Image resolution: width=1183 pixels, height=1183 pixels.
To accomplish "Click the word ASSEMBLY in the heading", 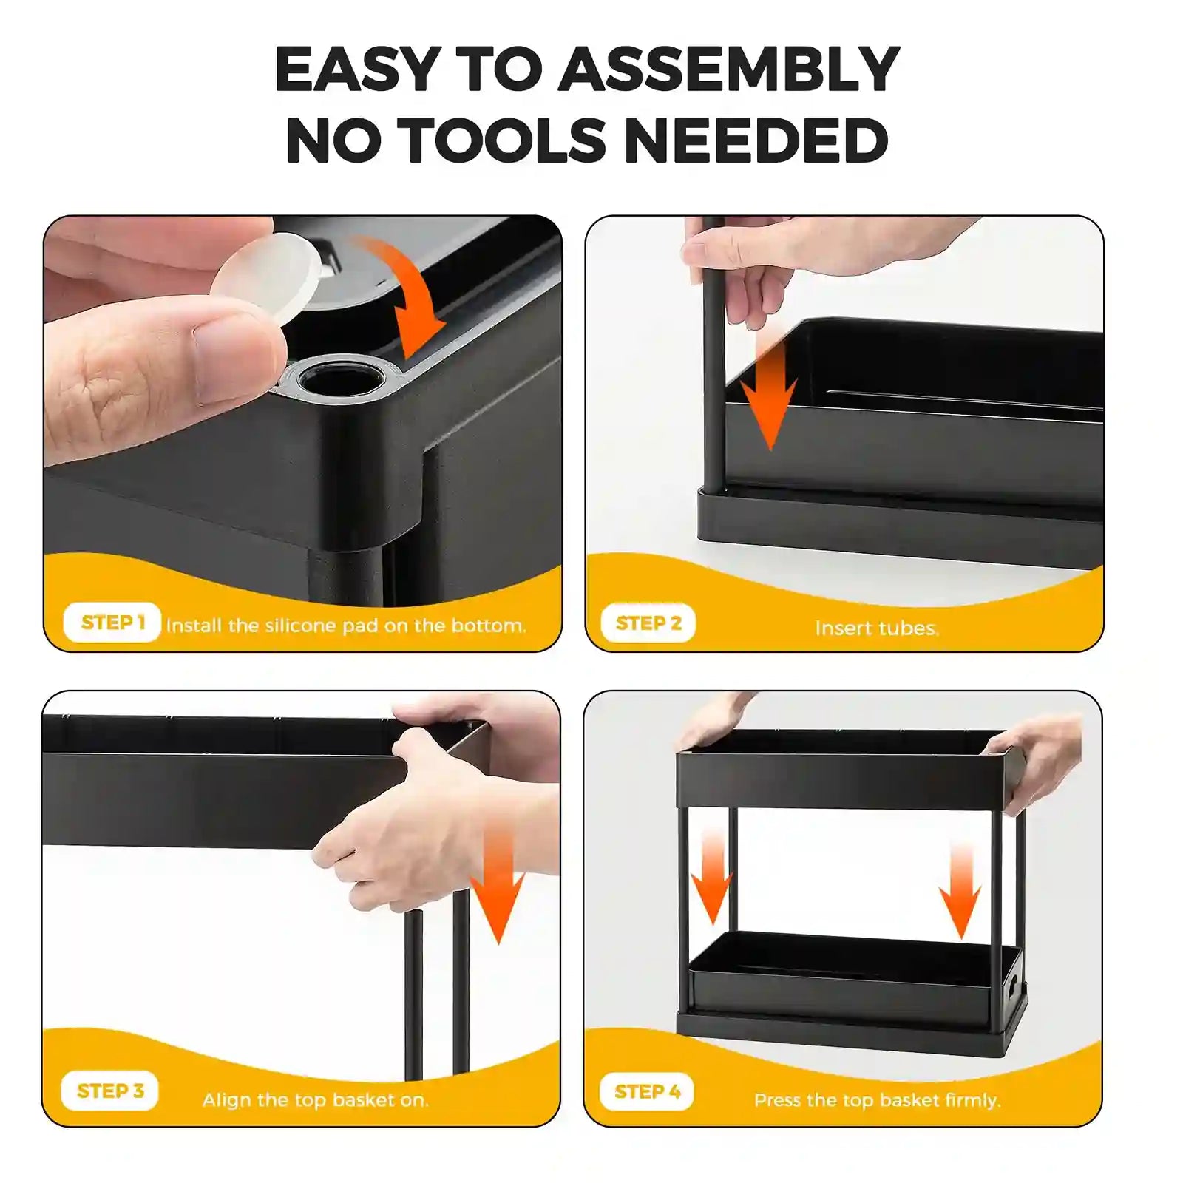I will coord(728,70).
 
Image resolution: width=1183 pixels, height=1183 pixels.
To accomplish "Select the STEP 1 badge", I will coord(112,623).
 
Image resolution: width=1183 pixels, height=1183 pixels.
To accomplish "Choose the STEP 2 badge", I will coord(648,623).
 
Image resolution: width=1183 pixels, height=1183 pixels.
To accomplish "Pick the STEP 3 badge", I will coord(110,1091).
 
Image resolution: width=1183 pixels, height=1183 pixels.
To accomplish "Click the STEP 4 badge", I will coord(647,1091).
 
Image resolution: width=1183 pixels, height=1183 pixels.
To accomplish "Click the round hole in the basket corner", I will coord(342,379).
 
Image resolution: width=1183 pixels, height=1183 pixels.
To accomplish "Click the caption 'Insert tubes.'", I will coord(877,628).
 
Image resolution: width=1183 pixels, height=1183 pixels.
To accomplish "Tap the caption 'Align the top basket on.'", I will coord(316,1099).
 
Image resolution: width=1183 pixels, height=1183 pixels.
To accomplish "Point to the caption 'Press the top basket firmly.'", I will coord(877,1099).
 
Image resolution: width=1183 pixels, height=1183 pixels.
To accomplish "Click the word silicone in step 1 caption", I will coord(300,626).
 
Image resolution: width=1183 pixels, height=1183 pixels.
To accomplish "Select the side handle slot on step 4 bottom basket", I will coord(1012,987).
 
